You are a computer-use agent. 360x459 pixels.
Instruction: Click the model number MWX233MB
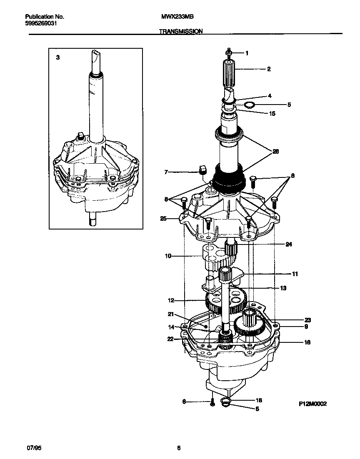pyautogui.click(x=177, y=17)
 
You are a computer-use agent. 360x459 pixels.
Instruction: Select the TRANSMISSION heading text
pyautogui.click(x=180, y=31)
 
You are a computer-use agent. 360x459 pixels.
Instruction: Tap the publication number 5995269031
pyautogui.click(x=41, y=23)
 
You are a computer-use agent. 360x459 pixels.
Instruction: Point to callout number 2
pyautogui.click(x=269, y=69)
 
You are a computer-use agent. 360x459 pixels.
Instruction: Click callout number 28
pyautogui.click(x=275, y=152)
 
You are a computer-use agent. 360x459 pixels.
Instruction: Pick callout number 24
pyautogui.click(x=289, y=244)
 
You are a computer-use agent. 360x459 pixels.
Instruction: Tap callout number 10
pyautogui.click(x=168, y=256)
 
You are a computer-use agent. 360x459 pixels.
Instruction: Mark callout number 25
pyautogui.click(x=163, y=218)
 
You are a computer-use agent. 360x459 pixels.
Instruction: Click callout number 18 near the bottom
pyautogui.click(x=258, y=400)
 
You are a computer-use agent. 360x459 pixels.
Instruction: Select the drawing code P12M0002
pyautogui.click(x=312, y=404)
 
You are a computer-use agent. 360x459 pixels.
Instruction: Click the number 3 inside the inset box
pyautogui.click(x=58, y=58)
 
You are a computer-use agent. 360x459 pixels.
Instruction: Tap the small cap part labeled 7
pyautogui.click(x=202, y=169)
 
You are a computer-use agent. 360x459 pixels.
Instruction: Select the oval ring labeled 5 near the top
pyautogui.click(x=249, y=105)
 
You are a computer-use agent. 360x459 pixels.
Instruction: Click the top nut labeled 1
pyautogui.click(x=229, y=53)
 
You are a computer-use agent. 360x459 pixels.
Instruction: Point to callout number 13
pyautogui.click(x=283, y=288)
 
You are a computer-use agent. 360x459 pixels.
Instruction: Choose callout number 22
pyautogui.click(x=170, y=339)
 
